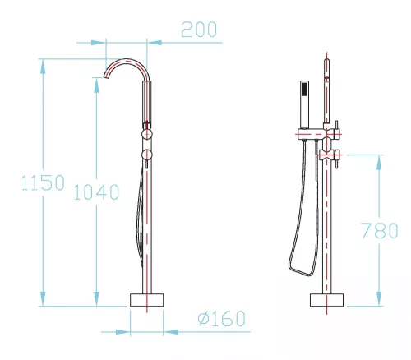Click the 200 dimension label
pos(199,30)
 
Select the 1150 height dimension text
pos(43,182)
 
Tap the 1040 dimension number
pos(96,192)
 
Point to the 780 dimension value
pos(379,230)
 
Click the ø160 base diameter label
pos(221,318)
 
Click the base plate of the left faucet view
pos(147,300)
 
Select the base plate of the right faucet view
pos(326,300)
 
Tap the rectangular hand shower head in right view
pos(305,104)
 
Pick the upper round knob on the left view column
pos(146,134)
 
